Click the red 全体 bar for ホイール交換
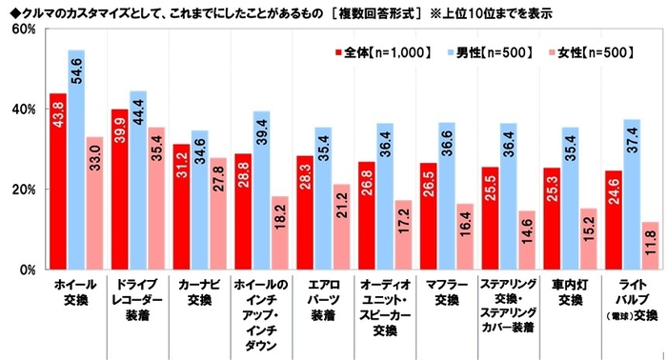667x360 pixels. (57, 181)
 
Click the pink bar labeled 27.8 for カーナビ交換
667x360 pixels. (218, 213)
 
